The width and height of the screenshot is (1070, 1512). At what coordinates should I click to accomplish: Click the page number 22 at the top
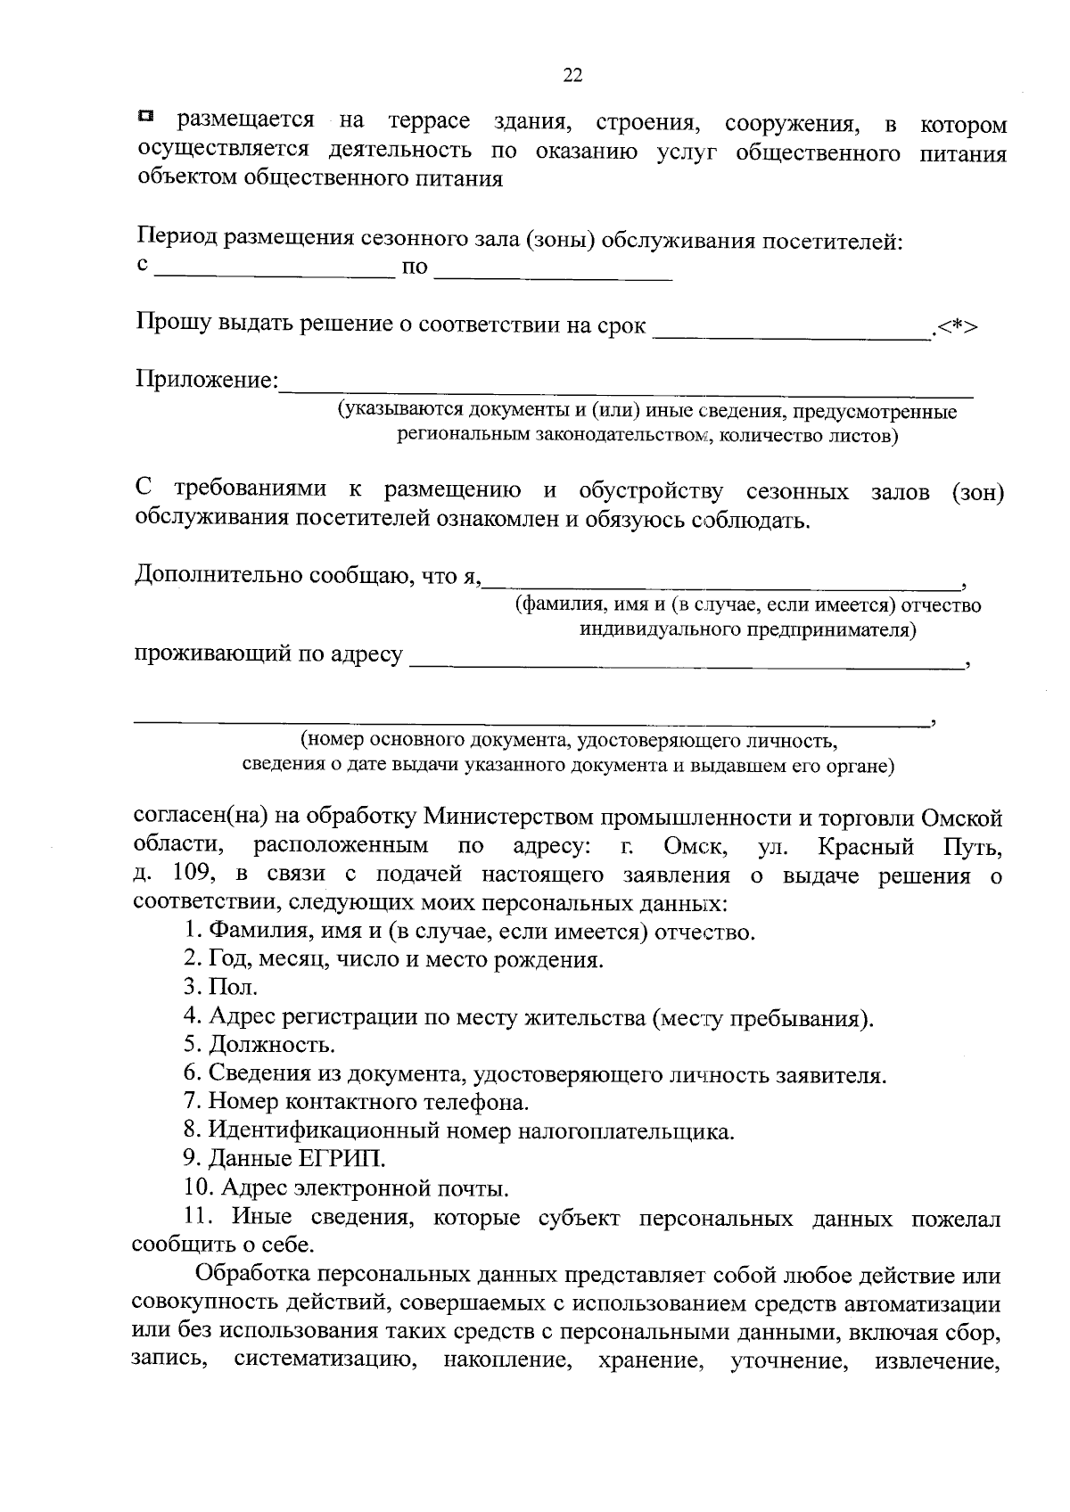(x=572, y=76)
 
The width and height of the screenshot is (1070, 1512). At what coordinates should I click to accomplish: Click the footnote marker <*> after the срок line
(x=956, y=326)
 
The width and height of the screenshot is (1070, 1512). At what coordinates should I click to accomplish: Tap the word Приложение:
(x=207, y=381)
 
